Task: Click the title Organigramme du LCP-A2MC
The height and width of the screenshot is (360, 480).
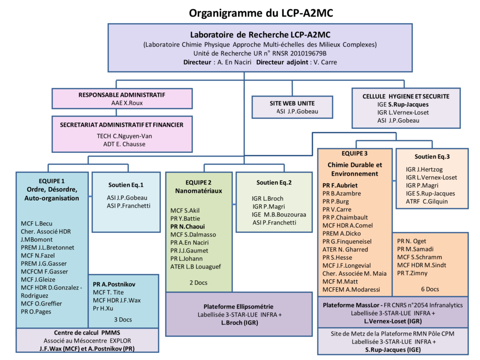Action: (261, 13)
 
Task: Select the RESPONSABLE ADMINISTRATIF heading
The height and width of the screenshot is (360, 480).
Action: (122, 95)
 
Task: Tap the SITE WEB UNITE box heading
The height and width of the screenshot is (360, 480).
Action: (292, 103)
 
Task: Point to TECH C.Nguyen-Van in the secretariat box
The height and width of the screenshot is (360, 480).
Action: (121, 136)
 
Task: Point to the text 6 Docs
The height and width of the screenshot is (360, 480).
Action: (430, 289)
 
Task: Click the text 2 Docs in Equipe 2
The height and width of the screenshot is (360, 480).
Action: (198, 283)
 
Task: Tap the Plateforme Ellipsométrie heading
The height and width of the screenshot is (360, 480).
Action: (239, 306)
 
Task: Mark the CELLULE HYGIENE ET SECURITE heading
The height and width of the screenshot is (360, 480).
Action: (406, 96)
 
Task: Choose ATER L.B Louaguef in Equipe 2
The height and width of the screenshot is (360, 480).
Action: (196, 267)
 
